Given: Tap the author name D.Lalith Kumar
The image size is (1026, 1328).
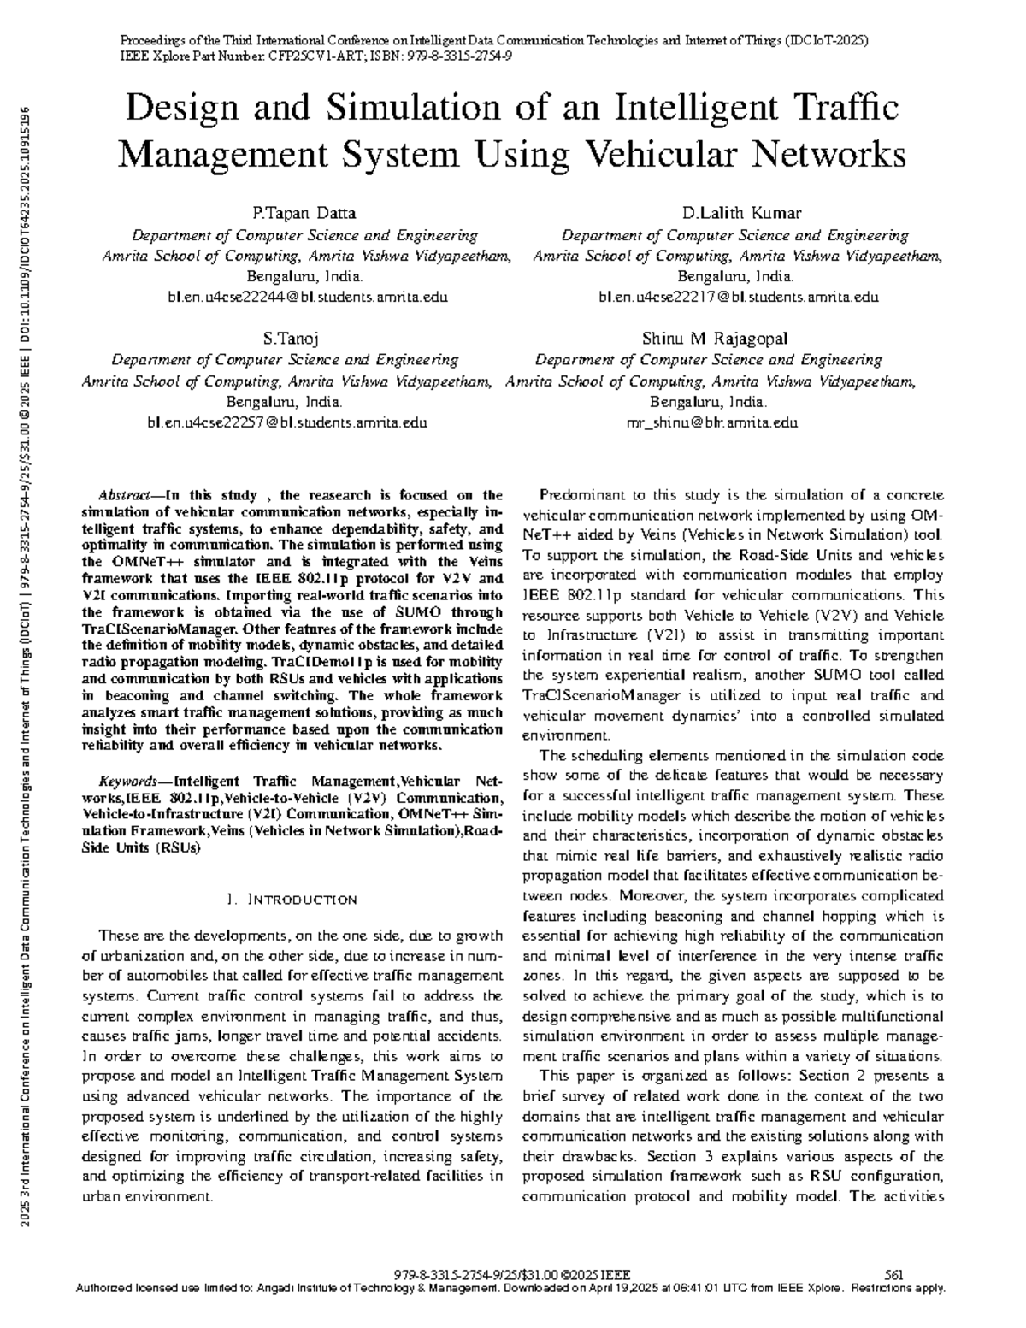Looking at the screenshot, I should point(741,214).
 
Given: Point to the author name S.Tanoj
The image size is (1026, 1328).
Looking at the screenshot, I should point(291,339).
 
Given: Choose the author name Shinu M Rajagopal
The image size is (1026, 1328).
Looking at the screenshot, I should point(715,339).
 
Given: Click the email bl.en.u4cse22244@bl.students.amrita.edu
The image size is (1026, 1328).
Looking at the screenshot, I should point(309,298).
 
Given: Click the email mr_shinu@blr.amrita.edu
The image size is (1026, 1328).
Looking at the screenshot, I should point(712,422).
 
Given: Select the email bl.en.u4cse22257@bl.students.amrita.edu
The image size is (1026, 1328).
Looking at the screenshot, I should point(287,422).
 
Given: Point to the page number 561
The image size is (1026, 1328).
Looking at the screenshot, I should point(894,1274).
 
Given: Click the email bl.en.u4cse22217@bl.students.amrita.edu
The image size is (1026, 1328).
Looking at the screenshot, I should point(739,298).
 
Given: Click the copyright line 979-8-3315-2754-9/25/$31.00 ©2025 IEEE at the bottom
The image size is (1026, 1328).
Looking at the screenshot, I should point(511,1274).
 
